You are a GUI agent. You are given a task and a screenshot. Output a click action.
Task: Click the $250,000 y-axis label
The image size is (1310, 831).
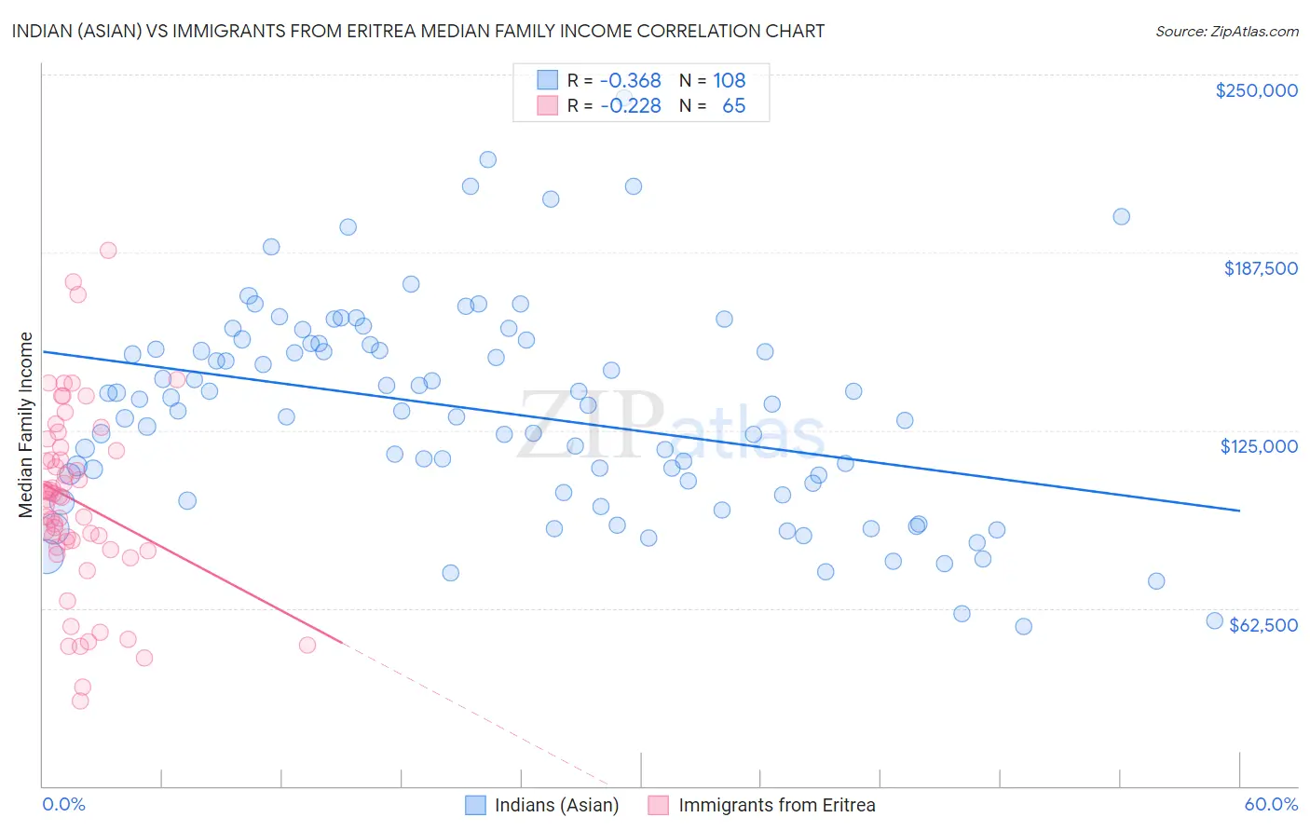tap(1256, 90)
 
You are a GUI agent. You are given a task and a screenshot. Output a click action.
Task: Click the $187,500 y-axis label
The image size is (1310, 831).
tap(1260, 268)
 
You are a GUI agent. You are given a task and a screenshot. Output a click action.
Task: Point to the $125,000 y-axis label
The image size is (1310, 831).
tap(1259, 446)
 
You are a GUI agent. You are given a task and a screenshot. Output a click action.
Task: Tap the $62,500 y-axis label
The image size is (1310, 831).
tap(1263, 625)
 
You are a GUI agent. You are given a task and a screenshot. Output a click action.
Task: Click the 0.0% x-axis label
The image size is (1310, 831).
tap(64, 804)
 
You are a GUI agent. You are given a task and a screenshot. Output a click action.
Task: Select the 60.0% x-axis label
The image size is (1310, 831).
tap(1271, 804)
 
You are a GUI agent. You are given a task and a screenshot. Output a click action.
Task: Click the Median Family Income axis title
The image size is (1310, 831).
tap(26, 424)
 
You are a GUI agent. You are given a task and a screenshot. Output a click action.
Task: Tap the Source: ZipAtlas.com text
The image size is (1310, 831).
tap(1226, 32)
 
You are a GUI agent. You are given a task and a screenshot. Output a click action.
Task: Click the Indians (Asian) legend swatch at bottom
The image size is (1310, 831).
tap(475, 805)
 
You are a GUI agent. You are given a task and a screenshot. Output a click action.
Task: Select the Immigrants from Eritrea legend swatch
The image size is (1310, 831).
tap(659, 805)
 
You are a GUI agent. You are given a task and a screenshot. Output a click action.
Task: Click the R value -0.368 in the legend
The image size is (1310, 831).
tap(630, 81)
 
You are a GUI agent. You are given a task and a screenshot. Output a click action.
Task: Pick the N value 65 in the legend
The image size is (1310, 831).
tap(734, 106)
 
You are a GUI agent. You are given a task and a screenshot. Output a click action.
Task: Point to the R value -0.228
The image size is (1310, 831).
tap(630, 106)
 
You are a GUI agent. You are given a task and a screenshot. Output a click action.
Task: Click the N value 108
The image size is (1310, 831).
tap(730, 81)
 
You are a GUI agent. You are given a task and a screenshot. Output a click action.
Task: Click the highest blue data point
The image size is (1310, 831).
tap(487, 159)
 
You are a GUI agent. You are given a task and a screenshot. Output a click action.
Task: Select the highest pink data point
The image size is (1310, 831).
tap(108, 250)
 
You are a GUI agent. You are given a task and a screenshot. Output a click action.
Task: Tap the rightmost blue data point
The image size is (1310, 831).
tap(1214, 620)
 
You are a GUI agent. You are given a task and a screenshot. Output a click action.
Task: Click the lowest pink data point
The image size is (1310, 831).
tap(80, 701)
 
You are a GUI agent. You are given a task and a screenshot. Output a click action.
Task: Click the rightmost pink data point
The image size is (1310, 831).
tap(307, 645)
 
